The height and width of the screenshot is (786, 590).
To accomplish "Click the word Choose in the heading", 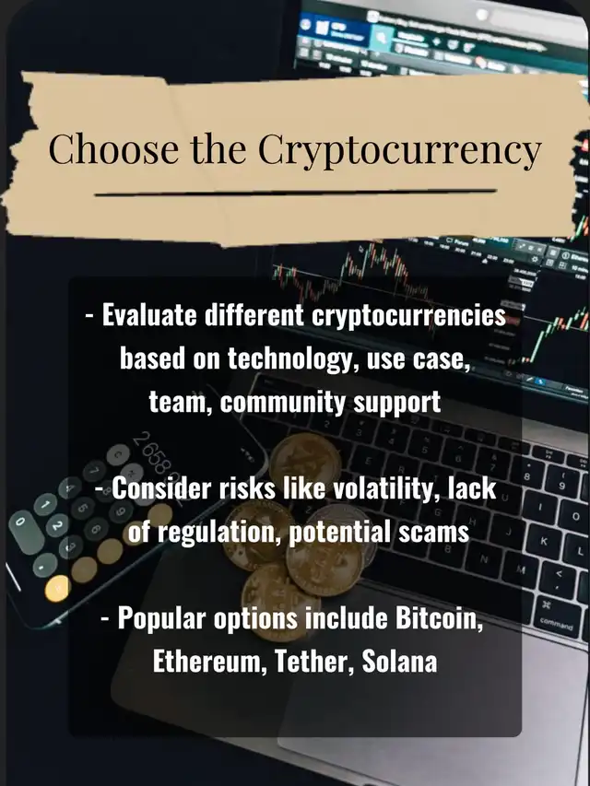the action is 113,148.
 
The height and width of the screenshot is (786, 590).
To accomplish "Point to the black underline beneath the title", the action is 296,193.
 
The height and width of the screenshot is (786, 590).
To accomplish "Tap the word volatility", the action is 383,487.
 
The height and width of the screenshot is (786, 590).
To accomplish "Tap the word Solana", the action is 399,662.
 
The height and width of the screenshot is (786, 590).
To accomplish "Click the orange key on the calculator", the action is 57,589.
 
